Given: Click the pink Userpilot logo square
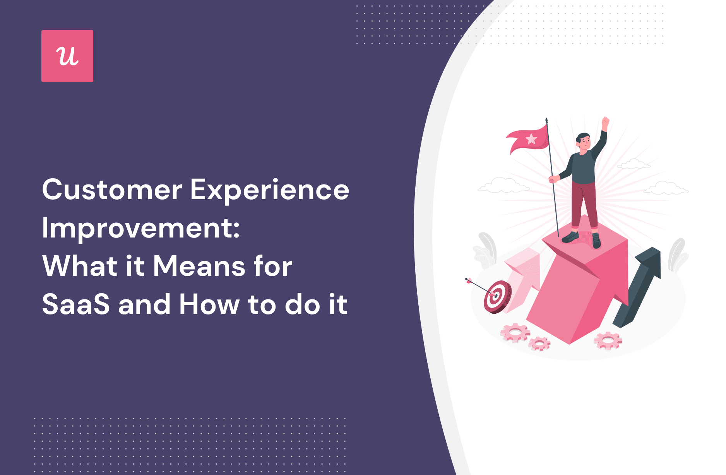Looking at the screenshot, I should [67, 56].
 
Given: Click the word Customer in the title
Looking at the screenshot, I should [112, 190].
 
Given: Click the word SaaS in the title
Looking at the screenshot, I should [76, 304].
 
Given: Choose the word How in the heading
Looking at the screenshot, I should [209, 304].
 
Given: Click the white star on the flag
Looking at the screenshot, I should [531, 139].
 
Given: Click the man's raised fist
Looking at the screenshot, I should [605, 122].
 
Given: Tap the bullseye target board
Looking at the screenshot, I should [497, 297].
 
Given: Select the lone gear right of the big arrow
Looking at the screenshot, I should [608, 341].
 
